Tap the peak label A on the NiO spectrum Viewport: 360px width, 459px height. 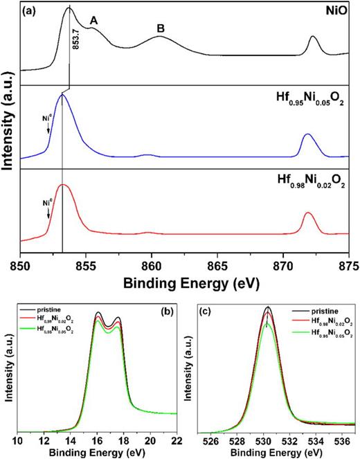coord(94,21)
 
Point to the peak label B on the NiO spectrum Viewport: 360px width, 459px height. coord(161,28)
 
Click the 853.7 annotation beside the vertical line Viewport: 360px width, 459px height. coord(77,53)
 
